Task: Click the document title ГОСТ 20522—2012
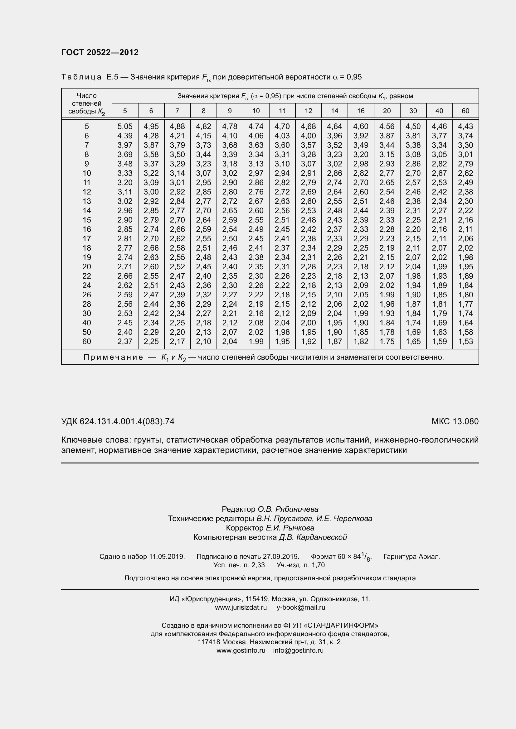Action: (x=100, y=52)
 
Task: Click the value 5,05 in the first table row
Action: (x=125, y=126)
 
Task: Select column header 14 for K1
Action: (x=334, y=111)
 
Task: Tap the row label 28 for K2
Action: (x=86, y=304)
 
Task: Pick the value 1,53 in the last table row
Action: (x=465, y=341)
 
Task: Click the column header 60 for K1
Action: (x=465, y=111)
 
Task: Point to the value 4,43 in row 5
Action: (x=465, y=126)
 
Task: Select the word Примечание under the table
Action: (x=113, y=357)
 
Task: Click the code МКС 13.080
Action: (x=455, y=421)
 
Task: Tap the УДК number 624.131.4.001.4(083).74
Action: (x=127, y=421)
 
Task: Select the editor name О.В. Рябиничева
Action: (x=288, y=509)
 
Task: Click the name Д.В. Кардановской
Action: (x=313, y=537)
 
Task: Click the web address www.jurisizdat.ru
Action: (x=241, y=607)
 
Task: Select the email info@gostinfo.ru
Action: (x=298, y=650)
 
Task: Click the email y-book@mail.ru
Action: (x=300, y=607)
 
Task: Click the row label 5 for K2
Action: (x=86, y=126)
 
